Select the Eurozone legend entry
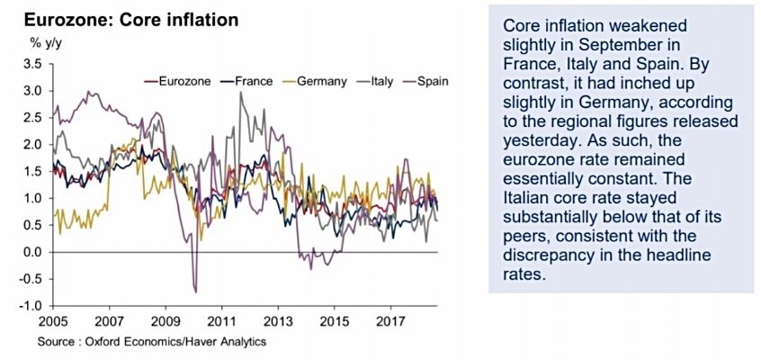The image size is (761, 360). click(184, 81)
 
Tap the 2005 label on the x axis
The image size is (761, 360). click(52, 321)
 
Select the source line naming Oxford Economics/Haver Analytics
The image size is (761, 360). click(152, 342)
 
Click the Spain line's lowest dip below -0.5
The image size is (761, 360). click(195, 291)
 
